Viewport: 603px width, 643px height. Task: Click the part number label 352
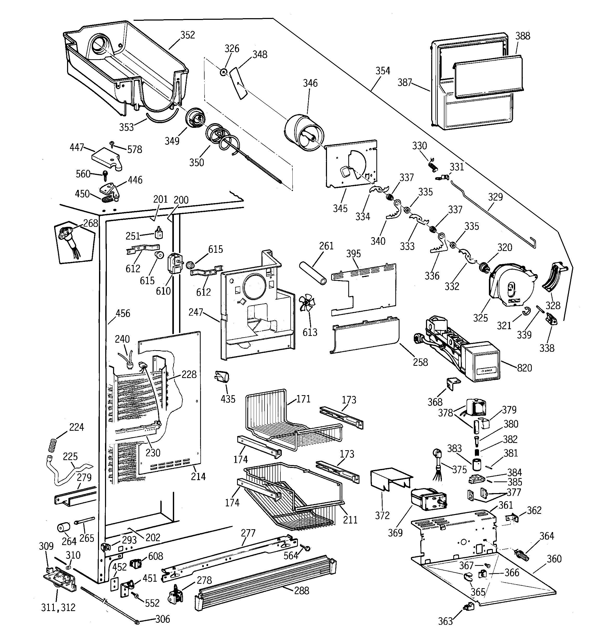187,35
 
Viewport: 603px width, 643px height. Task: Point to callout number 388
523,36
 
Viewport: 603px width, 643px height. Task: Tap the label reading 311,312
58,607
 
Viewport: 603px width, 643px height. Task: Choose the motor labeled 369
427,502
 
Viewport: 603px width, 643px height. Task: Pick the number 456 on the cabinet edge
123,313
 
